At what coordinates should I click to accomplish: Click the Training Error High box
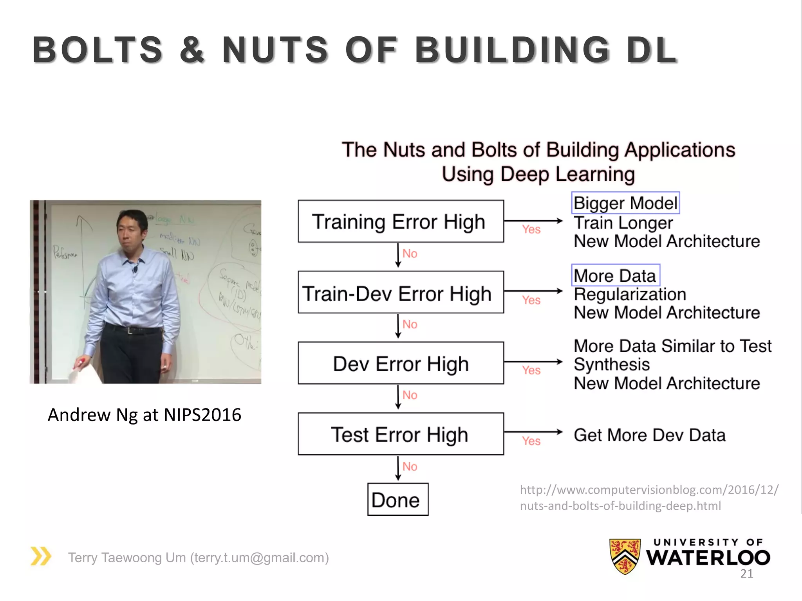(x=401, y=221)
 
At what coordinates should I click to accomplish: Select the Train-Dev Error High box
(x=401, y=292)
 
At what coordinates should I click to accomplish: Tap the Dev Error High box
(x=401, y=363)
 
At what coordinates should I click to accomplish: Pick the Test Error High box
(x=401, y=434)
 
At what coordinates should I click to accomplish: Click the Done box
(x=397, y=500)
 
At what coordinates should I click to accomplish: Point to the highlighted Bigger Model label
(x=625, y=203)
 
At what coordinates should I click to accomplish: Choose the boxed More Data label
(x=616, y=275)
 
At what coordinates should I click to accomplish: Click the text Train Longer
(x=623, y=223)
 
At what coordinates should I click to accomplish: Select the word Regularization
(x=630, y=294)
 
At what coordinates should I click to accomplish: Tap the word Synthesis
(x=612, y=365)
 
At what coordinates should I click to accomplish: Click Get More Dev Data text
(x=649, y=435)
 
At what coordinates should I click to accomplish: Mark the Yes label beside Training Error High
(x=531, y=229)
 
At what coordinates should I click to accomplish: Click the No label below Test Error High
(x=410, y=466)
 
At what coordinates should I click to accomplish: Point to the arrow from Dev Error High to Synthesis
(x=533, y=362)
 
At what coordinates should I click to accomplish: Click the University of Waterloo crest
(x=625, y=556)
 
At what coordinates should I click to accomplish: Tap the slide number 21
(x=747, y=574)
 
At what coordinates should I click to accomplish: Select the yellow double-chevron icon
(x=41, y=556)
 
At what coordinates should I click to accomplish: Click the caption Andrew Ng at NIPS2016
(x=144, y=415)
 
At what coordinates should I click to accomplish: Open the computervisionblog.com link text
(x=649, y=497)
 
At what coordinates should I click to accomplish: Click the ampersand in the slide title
(x=192, y=50)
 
